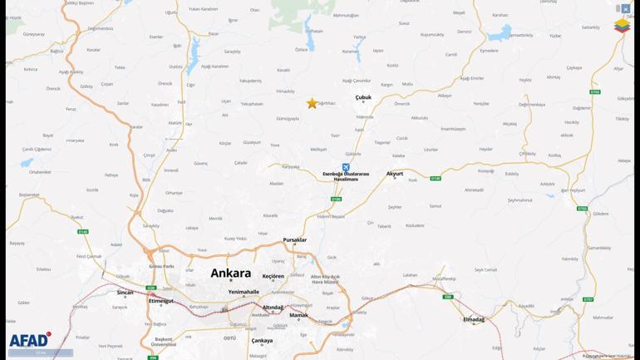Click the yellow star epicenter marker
coord(312,103)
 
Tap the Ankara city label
coord(231,273)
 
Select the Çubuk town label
coord(363,97)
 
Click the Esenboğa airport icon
coord(346,167)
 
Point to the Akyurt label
coord(395,174)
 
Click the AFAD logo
coord(29,340)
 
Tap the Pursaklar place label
coord(294,240)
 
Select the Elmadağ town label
coord(474,319)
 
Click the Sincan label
coord(125,293)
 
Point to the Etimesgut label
coord(161,301)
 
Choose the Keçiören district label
coord(273,276)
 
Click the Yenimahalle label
coord(244,292)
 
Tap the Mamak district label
coord(298,315)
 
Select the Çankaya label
coord(262,341)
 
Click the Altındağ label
coord(273,308)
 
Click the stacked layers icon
coord(622,27)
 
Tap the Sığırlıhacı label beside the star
coord(327,103)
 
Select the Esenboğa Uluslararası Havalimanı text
coord(346,176)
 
